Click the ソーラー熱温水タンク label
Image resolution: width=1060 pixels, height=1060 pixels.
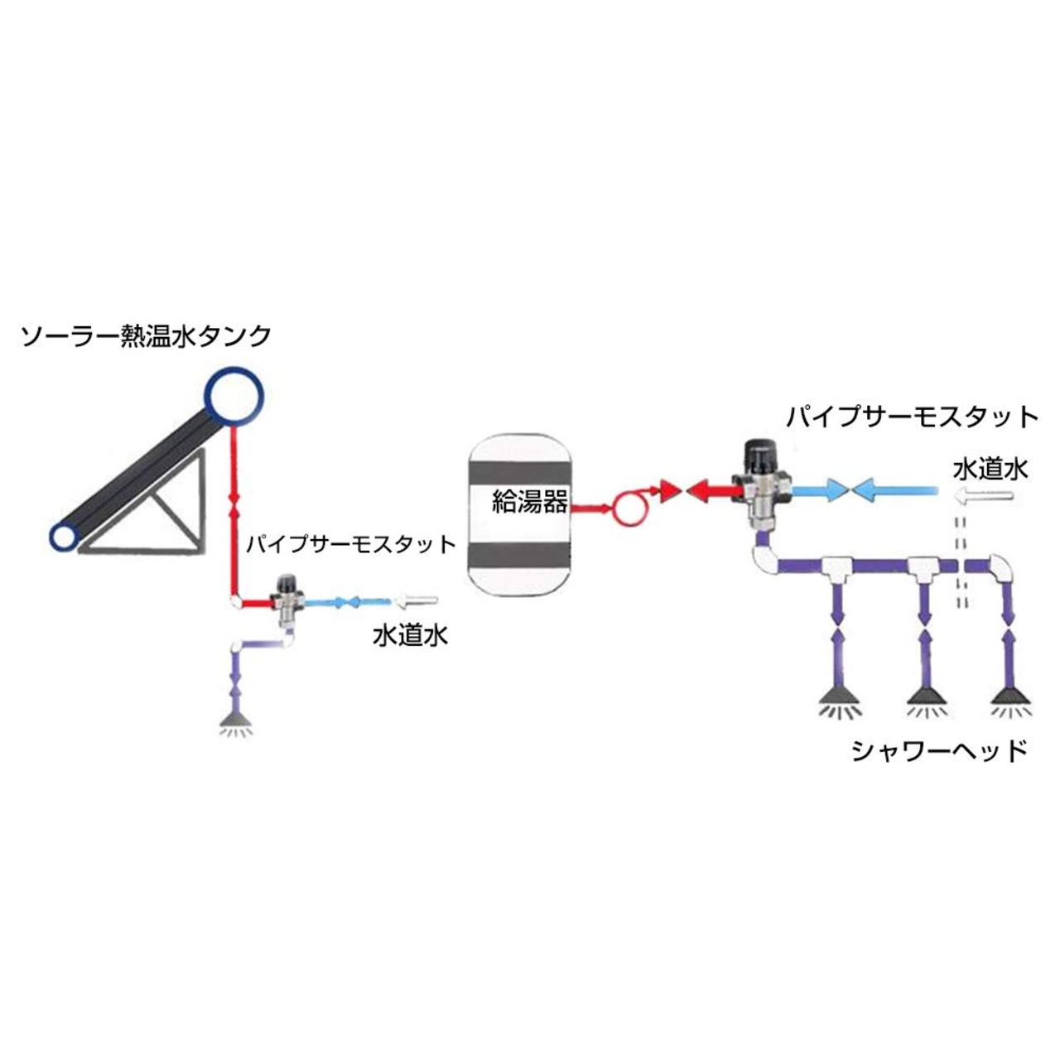click(x=146, y=335)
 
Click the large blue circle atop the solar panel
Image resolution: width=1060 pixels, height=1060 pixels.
click(x=234, y=396)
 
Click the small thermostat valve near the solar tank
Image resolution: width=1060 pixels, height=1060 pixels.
click(x=287, y=601)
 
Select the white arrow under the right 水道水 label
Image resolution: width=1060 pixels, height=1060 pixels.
click(x=982, y=495)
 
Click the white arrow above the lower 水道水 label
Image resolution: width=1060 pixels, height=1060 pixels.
click(x=417, y=601)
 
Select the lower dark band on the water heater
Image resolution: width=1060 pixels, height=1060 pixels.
click(x=518, y=553)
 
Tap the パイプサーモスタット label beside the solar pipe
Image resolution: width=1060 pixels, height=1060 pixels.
click(x=351, y=545)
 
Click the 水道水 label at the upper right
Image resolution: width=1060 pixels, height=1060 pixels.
click(x=990, y=470)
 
